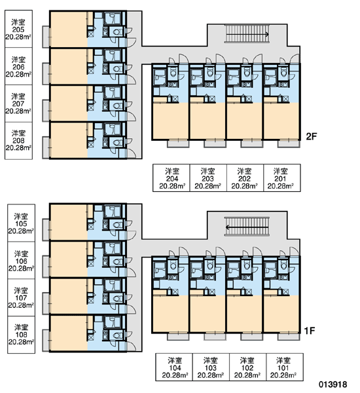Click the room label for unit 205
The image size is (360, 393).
coord(18,29)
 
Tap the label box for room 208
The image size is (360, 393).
coord(18,141)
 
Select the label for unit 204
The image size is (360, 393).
coord(171,178)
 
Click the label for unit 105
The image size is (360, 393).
coord(22,223)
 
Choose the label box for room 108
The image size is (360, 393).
coord(22,335)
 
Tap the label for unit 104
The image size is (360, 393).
coord(174,367)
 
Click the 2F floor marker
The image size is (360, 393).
coord(312,136)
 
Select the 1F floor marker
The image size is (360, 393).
coord(309,331)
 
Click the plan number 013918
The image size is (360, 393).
coord(333,384)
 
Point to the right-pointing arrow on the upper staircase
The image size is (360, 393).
coord(247,34)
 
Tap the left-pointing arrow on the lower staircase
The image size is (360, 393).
coord(247,227)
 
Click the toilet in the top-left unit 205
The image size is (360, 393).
coord(117,32)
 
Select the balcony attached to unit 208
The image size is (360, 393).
coord(46,147)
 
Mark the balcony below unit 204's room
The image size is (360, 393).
coord(178,144)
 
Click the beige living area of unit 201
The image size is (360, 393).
coord(281,121)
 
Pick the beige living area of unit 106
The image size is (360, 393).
coord(69,259)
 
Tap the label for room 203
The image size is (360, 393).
coord(208,178)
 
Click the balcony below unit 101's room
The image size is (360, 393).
coord(289,337)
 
